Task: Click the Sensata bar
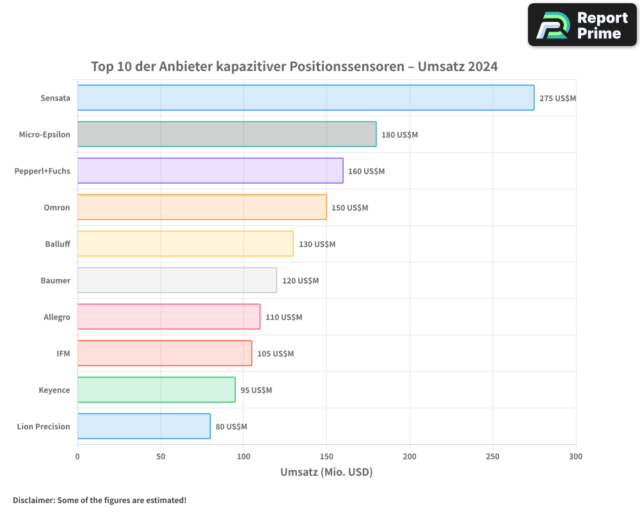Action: tap(306, 98)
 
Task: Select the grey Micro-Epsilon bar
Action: tap(227, 134)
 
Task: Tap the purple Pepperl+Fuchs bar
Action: tap(210, 171)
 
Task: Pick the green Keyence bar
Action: tap(156, 390)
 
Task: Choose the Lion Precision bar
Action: tap(144, 426)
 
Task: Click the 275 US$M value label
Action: tap(557, 99)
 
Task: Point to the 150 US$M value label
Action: tap(349, 208)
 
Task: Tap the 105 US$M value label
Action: tap(275, 354)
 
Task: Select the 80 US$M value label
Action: tap(231, 427)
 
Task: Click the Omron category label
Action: tap(57, 207)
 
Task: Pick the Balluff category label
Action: tap(58, 244)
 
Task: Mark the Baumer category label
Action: tap(56, 280)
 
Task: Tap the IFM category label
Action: tap(63, 353)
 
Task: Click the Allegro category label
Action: tap(57, 317)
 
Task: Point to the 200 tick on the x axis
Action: tap(410, 456)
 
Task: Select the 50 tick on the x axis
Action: tap(161, 456)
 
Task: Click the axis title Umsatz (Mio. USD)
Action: tap(326, 472)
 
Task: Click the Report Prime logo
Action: tap(582, 25)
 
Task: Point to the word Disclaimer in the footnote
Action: tap(33, 500)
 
